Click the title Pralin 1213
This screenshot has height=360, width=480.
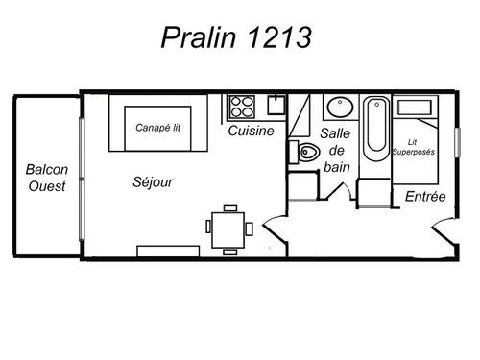coord(236,37)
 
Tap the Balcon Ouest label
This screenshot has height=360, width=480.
coord(47,178)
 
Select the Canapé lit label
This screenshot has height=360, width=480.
coord(157,128)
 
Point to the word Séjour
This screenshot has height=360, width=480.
coord(153,182)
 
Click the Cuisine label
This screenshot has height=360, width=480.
coord(252,131)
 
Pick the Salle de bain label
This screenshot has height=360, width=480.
coord(336,150)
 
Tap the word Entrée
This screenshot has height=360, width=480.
coord(425,196)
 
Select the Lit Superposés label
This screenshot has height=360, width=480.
coord(414,147)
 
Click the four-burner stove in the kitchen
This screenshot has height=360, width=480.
coord(242,107)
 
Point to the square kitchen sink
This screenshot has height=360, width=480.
coord(276,105)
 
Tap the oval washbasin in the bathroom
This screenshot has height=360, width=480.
coord(341,108)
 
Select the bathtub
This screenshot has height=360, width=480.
coord(376,129)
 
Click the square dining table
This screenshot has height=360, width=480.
coord(228,229)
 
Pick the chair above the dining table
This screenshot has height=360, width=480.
coord(230,208)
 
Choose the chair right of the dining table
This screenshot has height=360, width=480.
coord(250,228)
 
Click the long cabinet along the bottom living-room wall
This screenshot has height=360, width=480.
coord(168,251)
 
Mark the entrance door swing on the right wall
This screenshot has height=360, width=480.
coord(444,231)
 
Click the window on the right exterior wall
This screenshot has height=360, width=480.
coord(458,142)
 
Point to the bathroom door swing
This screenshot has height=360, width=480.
coord(339,191)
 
